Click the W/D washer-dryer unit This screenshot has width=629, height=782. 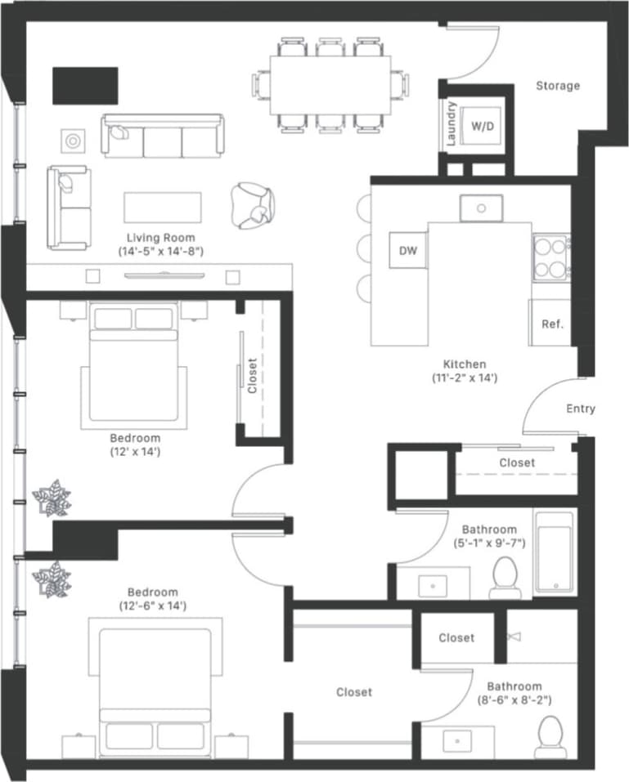483,127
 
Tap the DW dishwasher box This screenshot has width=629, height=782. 407,252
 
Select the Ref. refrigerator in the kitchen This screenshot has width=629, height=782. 552,324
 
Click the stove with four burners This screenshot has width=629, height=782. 550,257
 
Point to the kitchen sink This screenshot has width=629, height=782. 481,208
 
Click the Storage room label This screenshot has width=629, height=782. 558,86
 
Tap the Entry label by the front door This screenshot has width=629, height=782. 580,409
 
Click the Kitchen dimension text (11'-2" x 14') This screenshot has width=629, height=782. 465,378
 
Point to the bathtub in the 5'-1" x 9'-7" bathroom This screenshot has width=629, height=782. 555,552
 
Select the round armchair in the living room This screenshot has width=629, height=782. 251,204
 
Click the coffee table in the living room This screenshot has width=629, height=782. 162,207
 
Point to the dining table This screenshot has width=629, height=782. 330,85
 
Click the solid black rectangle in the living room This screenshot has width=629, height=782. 85,85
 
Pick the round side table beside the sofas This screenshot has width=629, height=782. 73,141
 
